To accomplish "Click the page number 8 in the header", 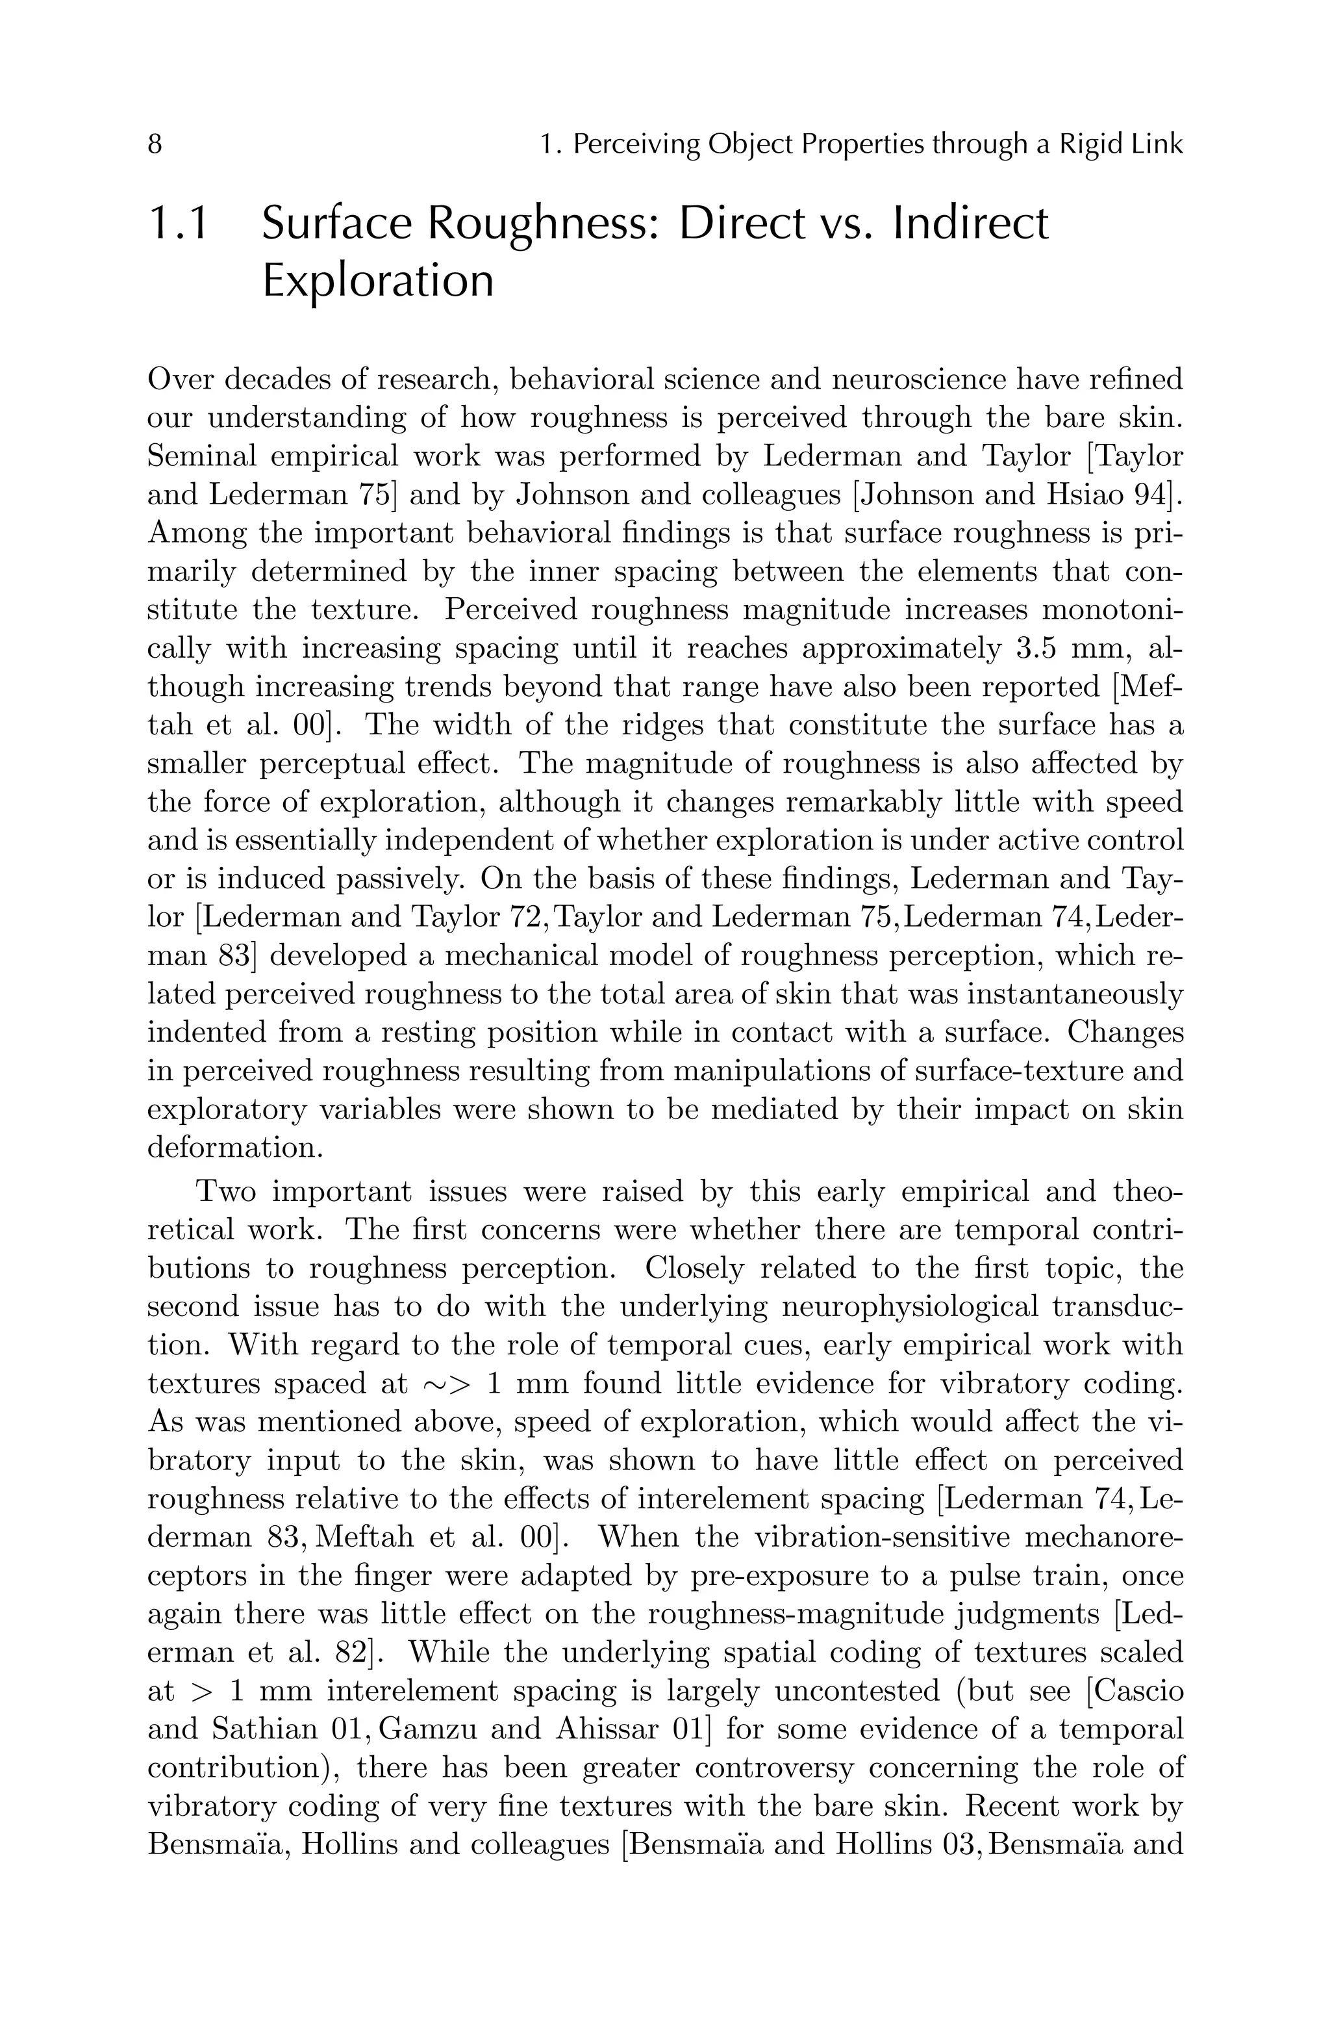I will pos(155,145).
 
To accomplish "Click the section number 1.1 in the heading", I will pos(179,224).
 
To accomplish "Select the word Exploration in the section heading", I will pos(377,281).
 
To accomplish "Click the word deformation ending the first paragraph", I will pos(234,1148).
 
